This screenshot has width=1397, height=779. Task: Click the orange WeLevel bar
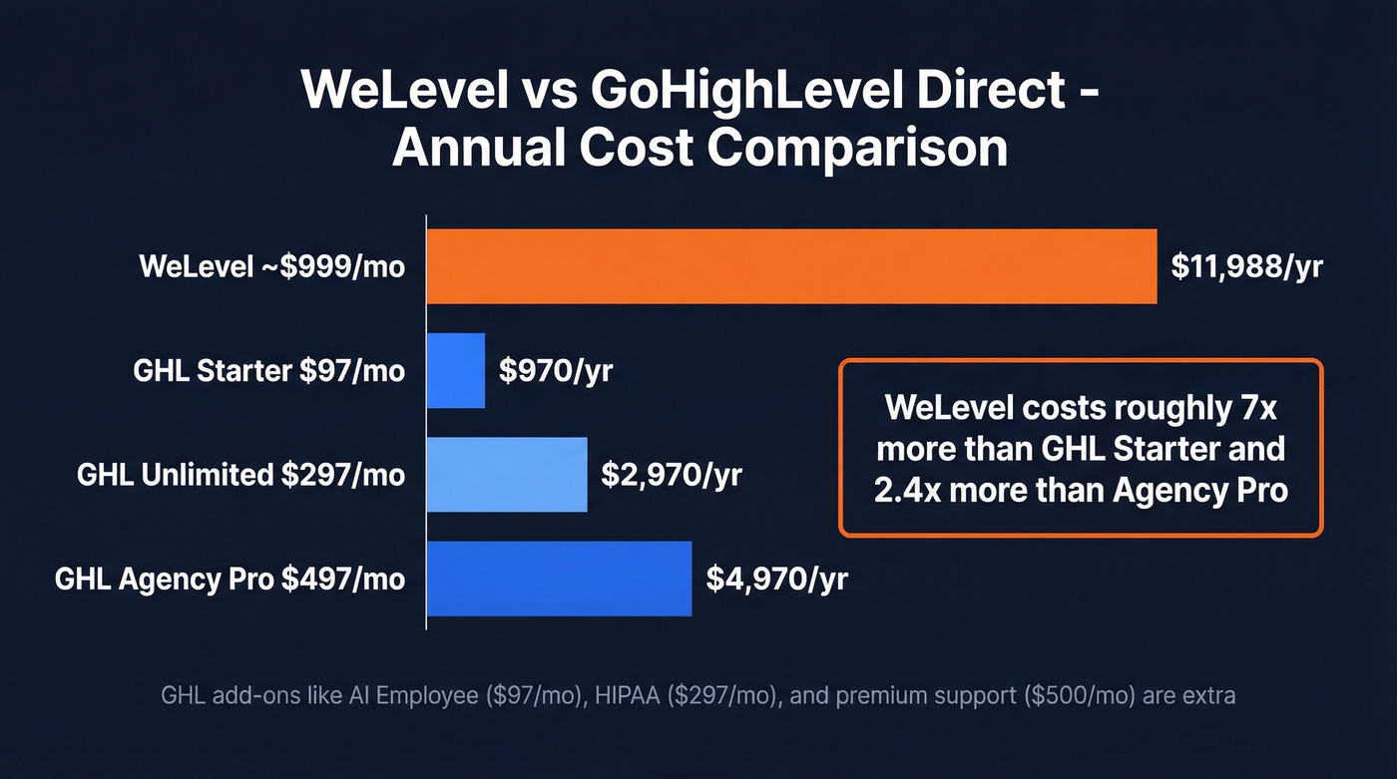click(x=791, y=266)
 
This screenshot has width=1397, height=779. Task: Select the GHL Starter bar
click(x=456, y=370)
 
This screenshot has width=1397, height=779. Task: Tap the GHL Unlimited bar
click(x=507, y=474)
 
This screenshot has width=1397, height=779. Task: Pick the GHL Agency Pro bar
click(x=559, y=579)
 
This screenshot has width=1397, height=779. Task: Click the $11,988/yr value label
click(x=1247, y=266)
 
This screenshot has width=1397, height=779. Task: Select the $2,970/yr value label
click(x=671, y=474)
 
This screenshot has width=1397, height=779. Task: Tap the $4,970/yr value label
click(x=776, y=579)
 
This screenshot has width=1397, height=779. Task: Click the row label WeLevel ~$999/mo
click(x=272, y=267)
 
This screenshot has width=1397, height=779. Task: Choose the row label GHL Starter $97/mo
click(x=269, y=371)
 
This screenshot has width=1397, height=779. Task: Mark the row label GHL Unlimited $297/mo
click(x=241, y=475)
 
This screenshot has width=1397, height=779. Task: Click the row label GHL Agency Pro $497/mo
click(x=231, y=580)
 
